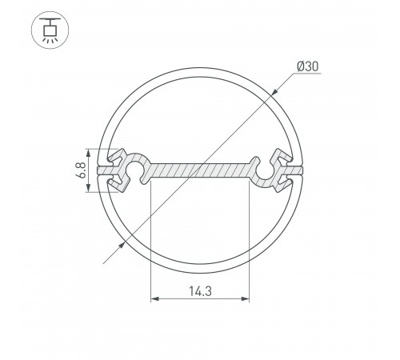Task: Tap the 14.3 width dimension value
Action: pyautogui.click(x=199, y=289)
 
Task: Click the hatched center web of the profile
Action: pyautogui.click(x=200, y=170)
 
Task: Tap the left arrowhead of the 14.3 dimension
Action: pyautogui.click(x=154, y=300)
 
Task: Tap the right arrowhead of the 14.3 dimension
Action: pyautogui.click(x=245, y=300)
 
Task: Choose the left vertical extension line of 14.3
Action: pyautogui.click(x=150, y=240)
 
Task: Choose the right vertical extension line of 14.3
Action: pyautogui.click(x=249, y=240)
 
